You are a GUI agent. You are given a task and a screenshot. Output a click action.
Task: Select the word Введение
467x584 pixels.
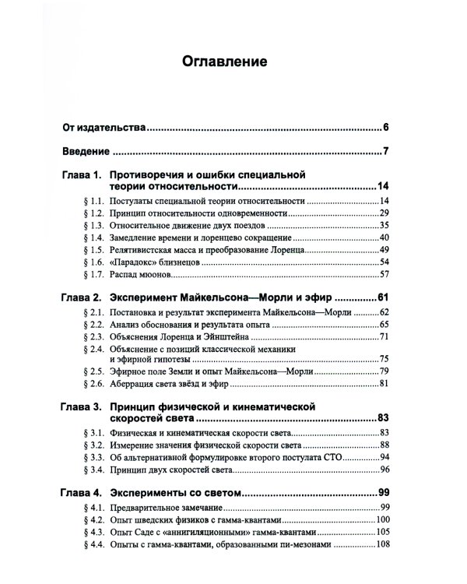pyautogui.click(x=86, y=151)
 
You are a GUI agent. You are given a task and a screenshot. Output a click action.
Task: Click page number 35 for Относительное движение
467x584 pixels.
pyautogui.click(x=383, y=225)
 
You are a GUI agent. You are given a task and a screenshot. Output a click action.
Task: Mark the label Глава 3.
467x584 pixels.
pyautogui.click(x=81, y=406)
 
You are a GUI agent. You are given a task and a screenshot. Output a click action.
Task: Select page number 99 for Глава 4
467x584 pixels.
pyautogui.click(x=382, y=493)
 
